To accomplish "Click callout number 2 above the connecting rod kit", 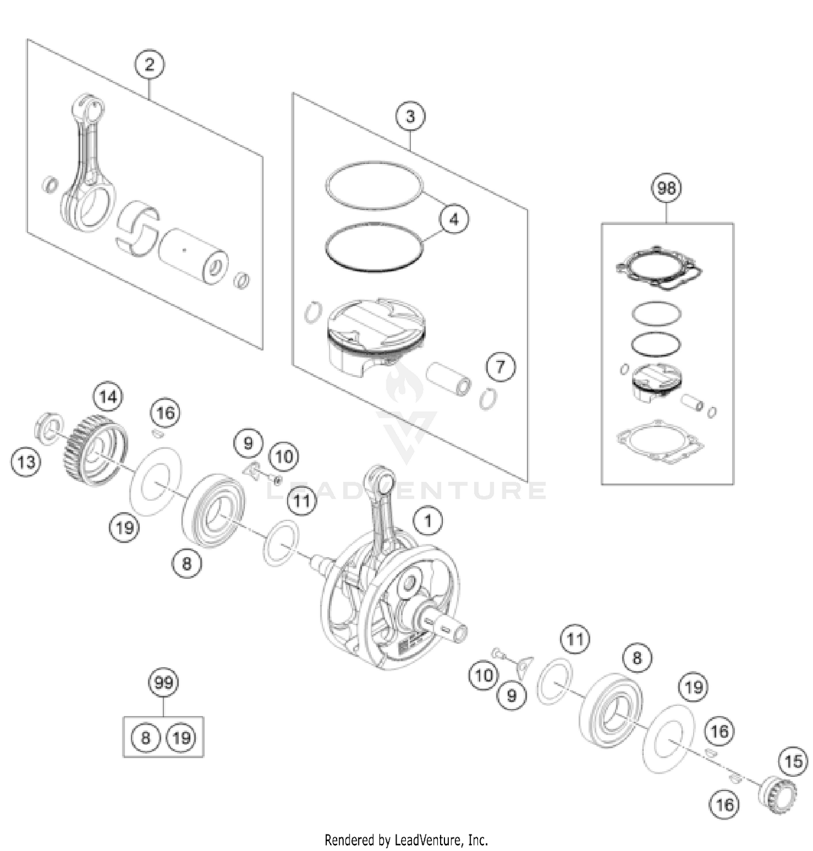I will tap(149, 65).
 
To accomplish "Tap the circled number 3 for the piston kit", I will tap(410, 116).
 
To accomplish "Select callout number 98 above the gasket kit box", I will tap(666, 188).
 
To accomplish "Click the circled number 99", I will tap(163, 682).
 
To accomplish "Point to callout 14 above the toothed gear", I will tap(108, 397).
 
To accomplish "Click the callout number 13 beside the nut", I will tap(25, 462).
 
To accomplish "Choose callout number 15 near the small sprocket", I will tap(793, 762).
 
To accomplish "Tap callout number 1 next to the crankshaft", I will tap(428, 521).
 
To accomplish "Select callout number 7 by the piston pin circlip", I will tap(500, 366).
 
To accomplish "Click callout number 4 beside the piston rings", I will tap(454, 219).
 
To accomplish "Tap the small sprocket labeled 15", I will tap(776, 794).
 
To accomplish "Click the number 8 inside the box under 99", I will tap(145, 738).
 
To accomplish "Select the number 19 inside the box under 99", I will tap(181, 738).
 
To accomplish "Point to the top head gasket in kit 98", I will tap(659, 267).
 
